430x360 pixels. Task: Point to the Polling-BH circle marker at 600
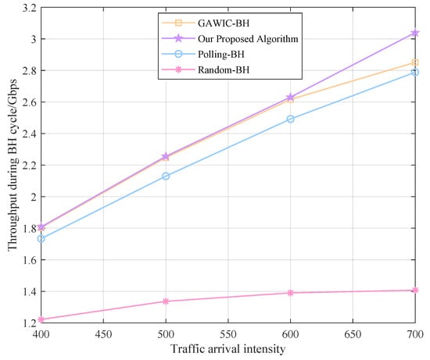pos(291,119)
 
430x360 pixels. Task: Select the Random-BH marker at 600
pos(291,293)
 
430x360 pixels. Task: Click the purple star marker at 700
pos(415,33)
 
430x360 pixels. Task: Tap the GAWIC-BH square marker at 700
pos(415,62)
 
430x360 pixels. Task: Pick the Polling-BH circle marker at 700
pos(415,72)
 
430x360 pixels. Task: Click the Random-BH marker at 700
pos(415,290)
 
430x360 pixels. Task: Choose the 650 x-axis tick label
pos(353,333)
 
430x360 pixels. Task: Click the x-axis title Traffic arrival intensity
pos(228,348)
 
